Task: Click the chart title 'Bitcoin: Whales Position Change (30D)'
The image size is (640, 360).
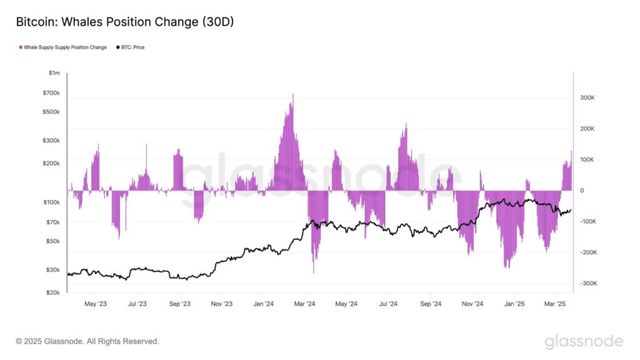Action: pos(124,21)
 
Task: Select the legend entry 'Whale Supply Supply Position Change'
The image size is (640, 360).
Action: pos(65,47)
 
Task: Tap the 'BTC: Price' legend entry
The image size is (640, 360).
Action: pos(132,47)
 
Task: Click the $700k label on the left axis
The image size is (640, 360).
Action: pos(50,92)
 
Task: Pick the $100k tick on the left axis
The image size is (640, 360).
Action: pos(50,202)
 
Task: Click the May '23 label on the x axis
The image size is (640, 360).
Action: pos(95,304)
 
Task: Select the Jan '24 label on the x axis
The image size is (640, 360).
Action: pos(263,304)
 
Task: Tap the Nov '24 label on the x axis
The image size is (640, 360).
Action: pos(472,304)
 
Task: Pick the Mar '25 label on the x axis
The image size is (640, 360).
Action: pos(555,304)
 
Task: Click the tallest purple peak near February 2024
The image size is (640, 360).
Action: pos(292,96)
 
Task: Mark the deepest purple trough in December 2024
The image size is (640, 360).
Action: pos(507,267)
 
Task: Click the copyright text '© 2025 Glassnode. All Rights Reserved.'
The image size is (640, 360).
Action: pos(87,341)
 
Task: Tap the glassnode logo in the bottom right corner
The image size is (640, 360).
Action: pos(583,341)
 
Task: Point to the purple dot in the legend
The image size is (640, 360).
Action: pos(21,47)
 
